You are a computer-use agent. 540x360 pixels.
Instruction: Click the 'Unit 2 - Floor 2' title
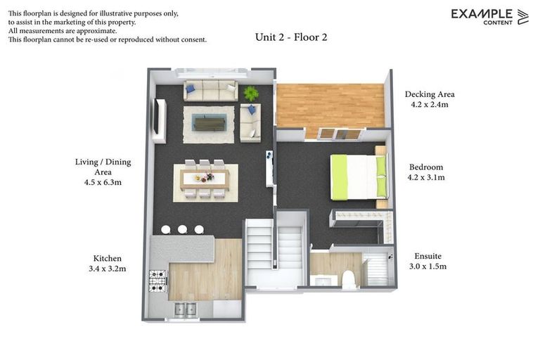coord(291,37)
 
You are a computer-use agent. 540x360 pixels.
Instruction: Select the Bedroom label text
coord(426,167)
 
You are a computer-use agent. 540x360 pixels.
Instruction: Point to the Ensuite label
coord(427,256)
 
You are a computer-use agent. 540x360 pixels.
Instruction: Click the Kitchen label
coord(108,258)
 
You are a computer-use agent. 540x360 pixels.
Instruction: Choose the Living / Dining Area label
coord(103,167)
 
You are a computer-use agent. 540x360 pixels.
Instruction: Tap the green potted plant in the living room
coord(251,93)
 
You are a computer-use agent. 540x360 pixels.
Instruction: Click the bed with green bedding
coord(359,176)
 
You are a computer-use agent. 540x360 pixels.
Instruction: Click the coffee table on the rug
coord(210,122)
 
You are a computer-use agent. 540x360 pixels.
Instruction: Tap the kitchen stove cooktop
coord(157,280)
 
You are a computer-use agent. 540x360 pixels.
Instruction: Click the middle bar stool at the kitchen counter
coord(183,229)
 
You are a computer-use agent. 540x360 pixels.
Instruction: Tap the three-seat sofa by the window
coord(210,91)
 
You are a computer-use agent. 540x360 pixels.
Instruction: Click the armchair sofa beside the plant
coord(250,122)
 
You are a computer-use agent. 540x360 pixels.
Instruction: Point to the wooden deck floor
coord(329,105)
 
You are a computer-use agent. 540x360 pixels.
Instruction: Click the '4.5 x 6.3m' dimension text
coord(103,182)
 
